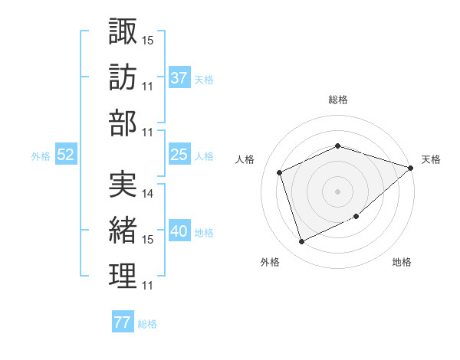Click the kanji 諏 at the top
[x=123, y=31]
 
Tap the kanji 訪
[x=123, y=78]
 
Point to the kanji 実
[x=123, y=185]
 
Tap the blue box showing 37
[x=179, y=77]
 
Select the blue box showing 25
[x=179, y=155]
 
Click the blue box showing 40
[x=179, y=231]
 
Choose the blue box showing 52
[x=66, y=155]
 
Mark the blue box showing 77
[x=122, y=322]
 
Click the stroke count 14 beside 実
[x=148, y=194]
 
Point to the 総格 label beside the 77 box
[x=147, y=324]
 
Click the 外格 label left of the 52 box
[x=41, y=156]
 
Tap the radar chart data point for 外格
[x=301, y=242]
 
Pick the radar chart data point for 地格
[x=356, y=216]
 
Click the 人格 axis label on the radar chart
[x=245, y=159]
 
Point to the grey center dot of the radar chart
[x=337, y=191]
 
